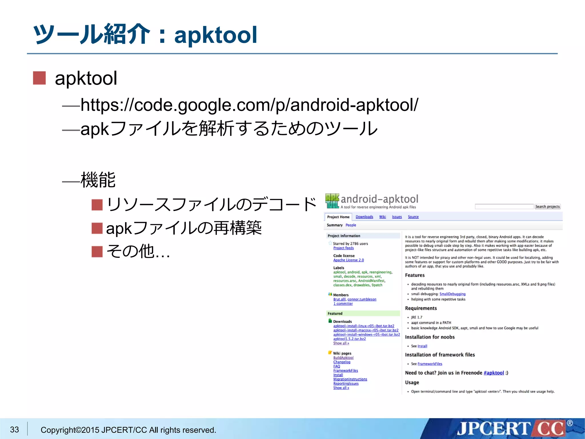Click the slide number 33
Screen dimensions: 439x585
click(15, 430)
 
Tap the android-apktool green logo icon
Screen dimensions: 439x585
click(332, 201)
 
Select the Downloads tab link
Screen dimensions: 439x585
click(364, 217)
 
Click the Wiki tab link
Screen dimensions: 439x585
click(382, 217)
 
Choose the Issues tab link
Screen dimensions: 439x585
click(397, 217)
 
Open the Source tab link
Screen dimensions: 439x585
click(413, 217)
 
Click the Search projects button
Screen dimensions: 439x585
click(547, 207)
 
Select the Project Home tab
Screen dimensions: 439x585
click(338, 217)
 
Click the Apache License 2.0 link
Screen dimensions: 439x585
click(348, 260)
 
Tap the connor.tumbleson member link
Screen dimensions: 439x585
click(362, 299)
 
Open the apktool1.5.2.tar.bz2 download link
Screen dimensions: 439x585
click(349, 339)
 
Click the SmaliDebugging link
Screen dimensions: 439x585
click(452, 294)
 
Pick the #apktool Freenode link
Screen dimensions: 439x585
click(494, 373)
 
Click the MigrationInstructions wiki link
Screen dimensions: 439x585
click(350, 379)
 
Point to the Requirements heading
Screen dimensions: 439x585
click(421, 308)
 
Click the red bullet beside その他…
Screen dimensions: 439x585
click(97, 252)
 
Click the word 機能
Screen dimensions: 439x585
click(98, 180)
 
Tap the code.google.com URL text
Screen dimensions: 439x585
click(249, 105)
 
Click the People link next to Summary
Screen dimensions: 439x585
click(351, 225)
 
